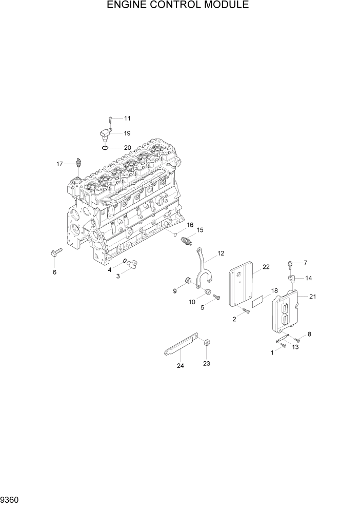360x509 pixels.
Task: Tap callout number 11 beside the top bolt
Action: point(127,118)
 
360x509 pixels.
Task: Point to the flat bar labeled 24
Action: point(181,345)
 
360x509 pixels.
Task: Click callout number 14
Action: point(308,278)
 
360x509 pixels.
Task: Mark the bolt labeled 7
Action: point(291,265)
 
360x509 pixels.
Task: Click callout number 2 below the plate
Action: point(234,320)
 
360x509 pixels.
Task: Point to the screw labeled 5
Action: point(215,297)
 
